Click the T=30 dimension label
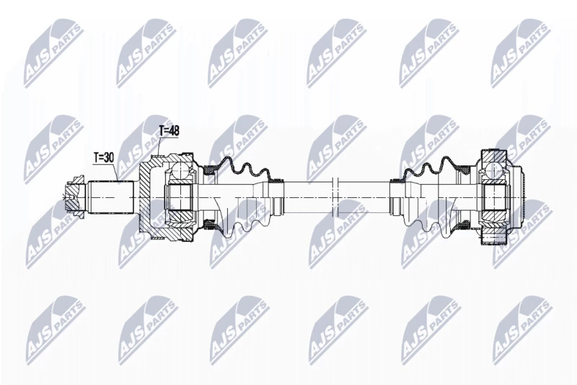click(104, 157)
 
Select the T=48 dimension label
click(169, 131)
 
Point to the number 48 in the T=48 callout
click(174, 131)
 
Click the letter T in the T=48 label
click(162, 131)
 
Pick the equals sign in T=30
click(101, 158)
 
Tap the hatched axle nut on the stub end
click(75, 197)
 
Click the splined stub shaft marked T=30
click(111, 197)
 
